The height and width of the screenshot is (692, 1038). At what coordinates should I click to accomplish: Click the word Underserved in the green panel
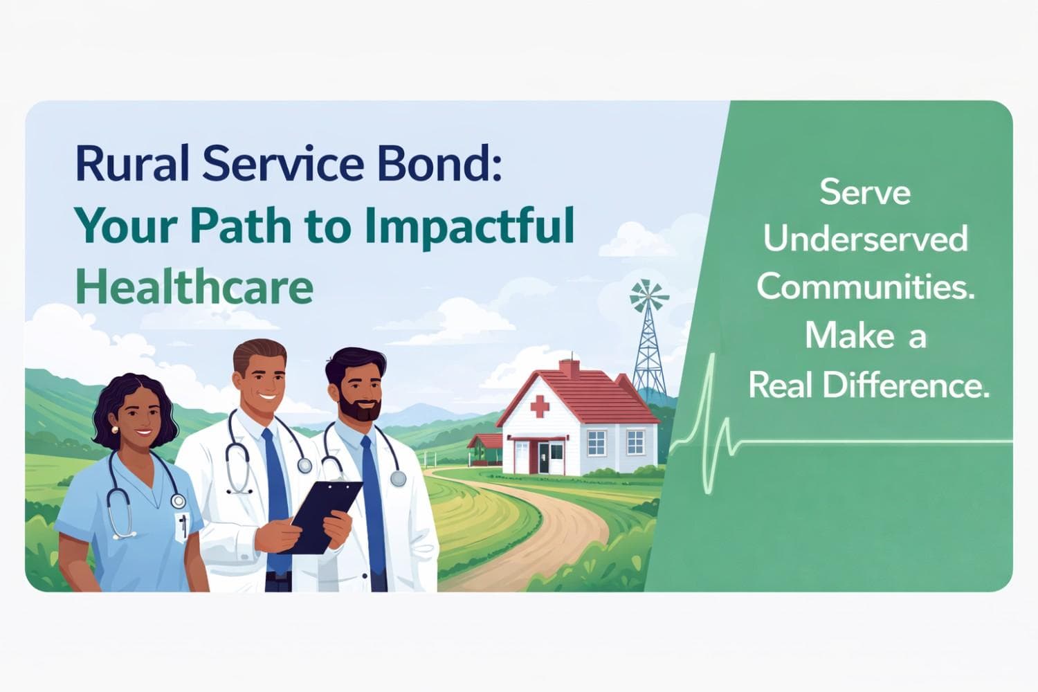click(865, 240)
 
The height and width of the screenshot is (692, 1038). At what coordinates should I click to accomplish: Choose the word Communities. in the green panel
click(865, 286)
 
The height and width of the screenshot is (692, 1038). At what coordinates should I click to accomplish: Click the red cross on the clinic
click(539, 406)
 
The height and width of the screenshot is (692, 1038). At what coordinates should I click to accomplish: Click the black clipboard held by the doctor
click(325, 516)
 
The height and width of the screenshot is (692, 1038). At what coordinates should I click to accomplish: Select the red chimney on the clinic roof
click(570, 367)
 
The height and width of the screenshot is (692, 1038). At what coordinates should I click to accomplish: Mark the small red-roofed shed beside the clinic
click(484, 446)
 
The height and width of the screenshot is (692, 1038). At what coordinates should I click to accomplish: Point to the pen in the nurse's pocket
click(183, 525)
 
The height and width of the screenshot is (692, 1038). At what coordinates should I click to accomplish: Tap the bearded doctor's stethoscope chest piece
click(397, 478)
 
